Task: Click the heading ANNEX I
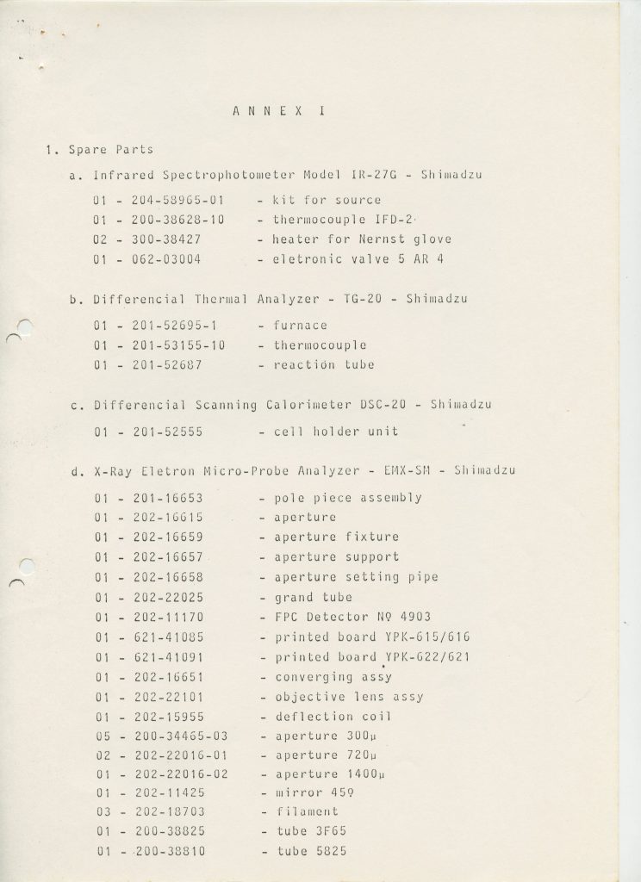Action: [273, 111]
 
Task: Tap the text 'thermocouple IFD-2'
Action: [339, 220]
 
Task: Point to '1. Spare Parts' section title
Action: [98, 150]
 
